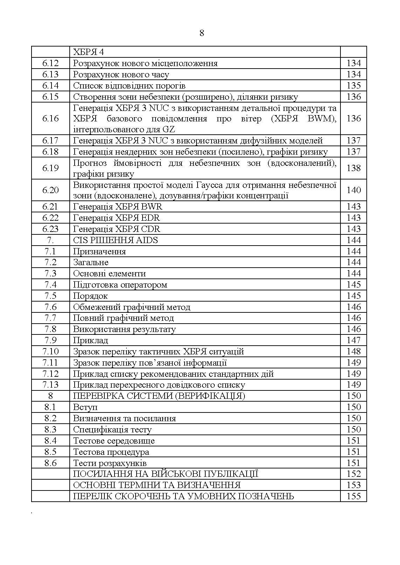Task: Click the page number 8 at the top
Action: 201,33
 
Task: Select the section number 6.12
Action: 50,63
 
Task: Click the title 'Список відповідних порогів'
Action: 129,86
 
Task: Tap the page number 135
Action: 353,86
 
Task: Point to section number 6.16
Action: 50,119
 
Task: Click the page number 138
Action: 353,168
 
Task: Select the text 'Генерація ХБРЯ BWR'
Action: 118,207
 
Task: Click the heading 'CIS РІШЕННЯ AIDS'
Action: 115,240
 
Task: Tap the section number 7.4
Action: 50,285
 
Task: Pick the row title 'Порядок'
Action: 90,296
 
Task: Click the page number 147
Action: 353,340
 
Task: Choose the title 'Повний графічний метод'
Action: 123,318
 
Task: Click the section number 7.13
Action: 50,385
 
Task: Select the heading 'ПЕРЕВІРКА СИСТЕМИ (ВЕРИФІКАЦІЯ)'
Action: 159,396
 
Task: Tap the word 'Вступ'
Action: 85,407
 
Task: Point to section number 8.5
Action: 50,452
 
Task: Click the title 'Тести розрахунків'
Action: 110,463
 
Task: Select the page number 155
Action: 353,496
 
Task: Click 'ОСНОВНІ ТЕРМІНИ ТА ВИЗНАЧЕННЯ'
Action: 157,485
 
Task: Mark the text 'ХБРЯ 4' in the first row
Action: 88,52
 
